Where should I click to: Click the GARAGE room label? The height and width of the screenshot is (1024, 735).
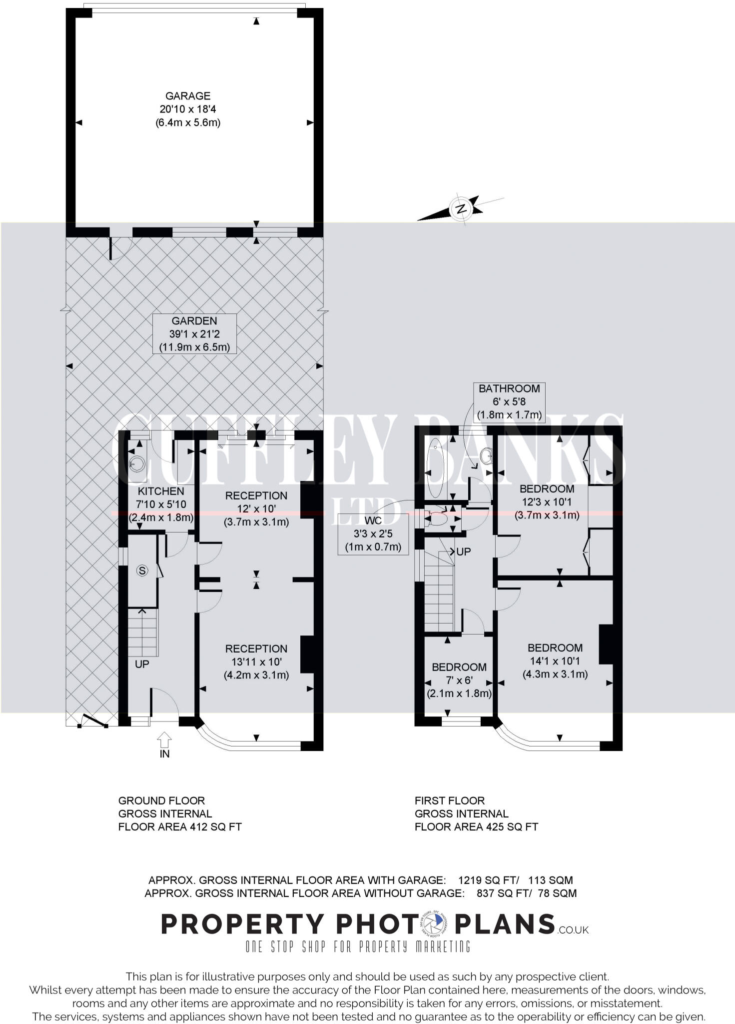click(188, 109)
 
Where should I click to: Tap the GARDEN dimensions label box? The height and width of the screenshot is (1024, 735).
click(194, 334)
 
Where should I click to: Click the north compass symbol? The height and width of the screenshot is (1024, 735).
click(461, 208)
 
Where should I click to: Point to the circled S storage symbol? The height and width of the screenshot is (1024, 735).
click(142, 570)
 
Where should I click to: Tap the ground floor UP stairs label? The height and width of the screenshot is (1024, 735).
click(142, 664)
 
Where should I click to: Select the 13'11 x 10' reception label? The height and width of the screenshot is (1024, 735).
click(256, 661)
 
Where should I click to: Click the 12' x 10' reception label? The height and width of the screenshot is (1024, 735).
click(256, 508)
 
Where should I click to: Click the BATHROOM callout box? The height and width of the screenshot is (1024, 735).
click(509, 401)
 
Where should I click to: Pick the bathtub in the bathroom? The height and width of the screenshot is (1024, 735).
click(434, 467)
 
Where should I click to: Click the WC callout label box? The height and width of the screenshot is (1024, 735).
click(373, 533)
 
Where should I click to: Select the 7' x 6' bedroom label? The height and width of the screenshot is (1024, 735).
click(459, 680)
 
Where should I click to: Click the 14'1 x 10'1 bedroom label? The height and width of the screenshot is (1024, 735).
click(555, 660)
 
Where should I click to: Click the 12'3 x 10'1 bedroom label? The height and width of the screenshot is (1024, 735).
click(547, 501)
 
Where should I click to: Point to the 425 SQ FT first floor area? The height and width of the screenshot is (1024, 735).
click(511, 827)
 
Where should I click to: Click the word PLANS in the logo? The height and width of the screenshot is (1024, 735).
click(505, 924)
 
